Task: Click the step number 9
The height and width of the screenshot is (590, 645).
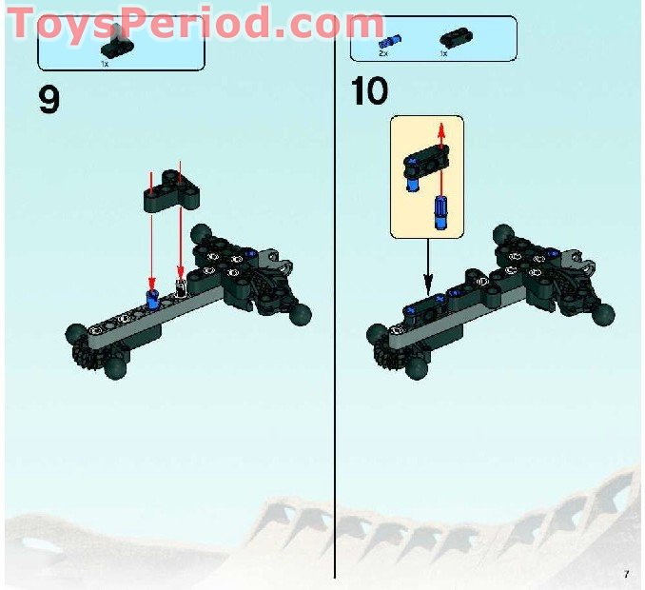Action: [x=49, y=98]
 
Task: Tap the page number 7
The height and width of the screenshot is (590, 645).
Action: [x=626, y=573]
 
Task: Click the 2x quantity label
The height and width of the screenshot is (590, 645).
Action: [x=382, y=54]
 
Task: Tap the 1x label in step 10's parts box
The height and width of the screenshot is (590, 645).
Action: [x=443, y=54]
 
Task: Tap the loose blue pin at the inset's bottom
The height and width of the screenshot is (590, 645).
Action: [x=440, y=211]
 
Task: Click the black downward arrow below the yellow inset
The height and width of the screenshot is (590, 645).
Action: [x=427, y=283]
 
